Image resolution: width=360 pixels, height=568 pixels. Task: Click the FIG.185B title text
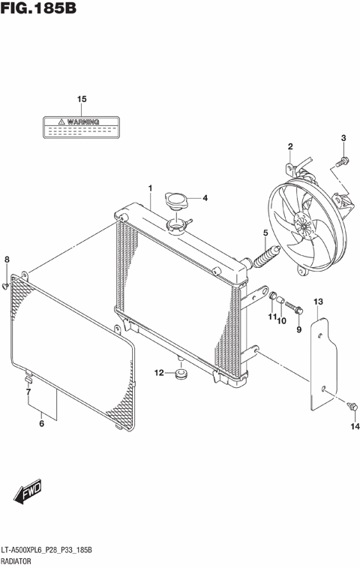click(x=38, y=9)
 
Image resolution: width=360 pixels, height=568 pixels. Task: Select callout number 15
click(x=82, y=99)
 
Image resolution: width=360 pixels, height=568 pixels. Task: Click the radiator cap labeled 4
click(x=176, y=201)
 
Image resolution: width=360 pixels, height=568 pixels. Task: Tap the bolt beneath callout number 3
click(x=342, y=160)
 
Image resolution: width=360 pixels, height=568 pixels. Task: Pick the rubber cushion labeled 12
click(x=181, y=373)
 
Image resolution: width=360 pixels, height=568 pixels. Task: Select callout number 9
click(x=298, y=329)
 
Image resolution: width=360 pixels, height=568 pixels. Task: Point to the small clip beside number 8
click(x=6, y=286)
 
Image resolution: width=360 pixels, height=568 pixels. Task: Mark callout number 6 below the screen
click(x=42, y=424)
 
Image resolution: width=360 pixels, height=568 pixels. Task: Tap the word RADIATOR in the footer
click(x=19, y=560)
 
